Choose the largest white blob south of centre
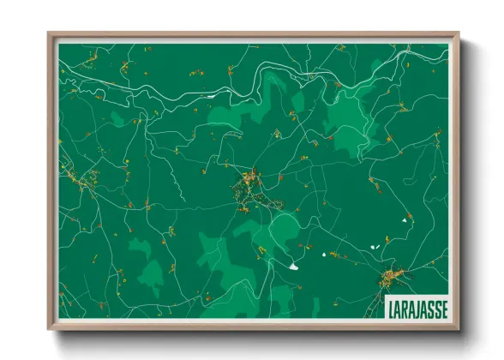coord(295,265)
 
